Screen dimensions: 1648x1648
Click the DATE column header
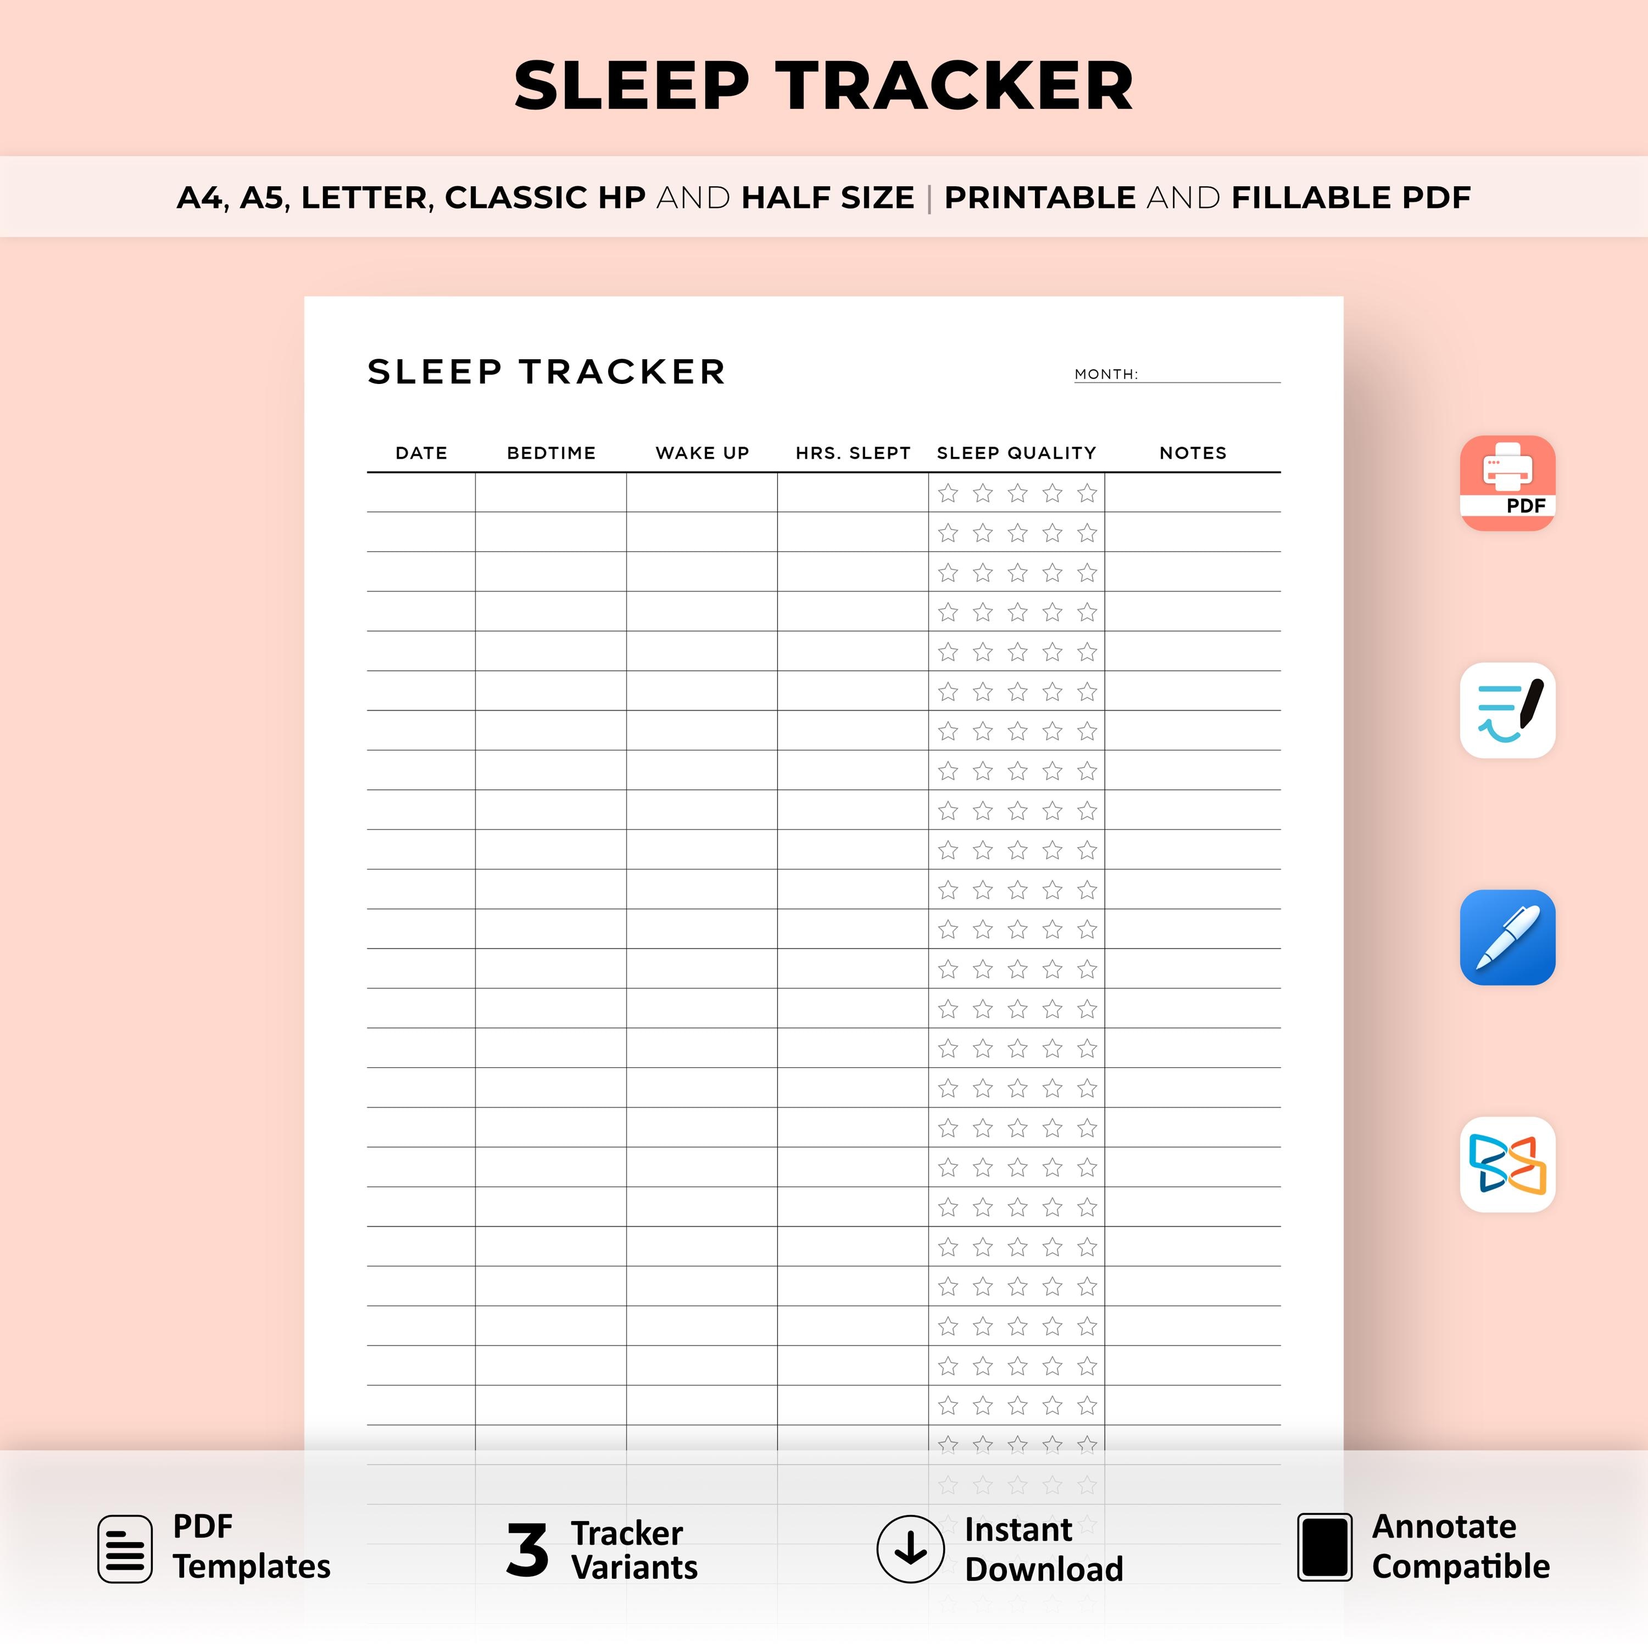coord(421,453)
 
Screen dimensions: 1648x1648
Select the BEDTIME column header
coord(551,453)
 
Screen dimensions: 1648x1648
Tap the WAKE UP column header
coord(702,453)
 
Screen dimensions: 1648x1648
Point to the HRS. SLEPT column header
coord(853,453)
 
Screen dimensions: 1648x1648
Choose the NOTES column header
coord(1193,453)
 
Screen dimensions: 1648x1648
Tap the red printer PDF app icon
coord(1507,483)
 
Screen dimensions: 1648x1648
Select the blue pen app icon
coord(1507,938)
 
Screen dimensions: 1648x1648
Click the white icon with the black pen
coord(1507,710)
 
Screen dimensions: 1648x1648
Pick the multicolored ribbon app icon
coord(1507,1165)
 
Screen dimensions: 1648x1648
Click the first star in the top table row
coord(948,493)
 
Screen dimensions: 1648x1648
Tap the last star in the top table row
coord(1087,493)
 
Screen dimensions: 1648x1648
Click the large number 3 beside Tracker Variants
coord(527,1550)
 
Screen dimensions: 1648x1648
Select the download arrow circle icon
coord(910,1549)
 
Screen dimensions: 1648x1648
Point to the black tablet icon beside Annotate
coord(1324,1547)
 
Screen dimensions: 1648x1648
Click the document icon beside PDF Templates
coord(125,1549)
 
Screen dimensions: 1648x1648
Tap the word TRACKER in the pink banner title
coord(955,86)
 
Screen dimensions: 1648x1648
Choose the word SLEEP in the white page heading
coord(434,372)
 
